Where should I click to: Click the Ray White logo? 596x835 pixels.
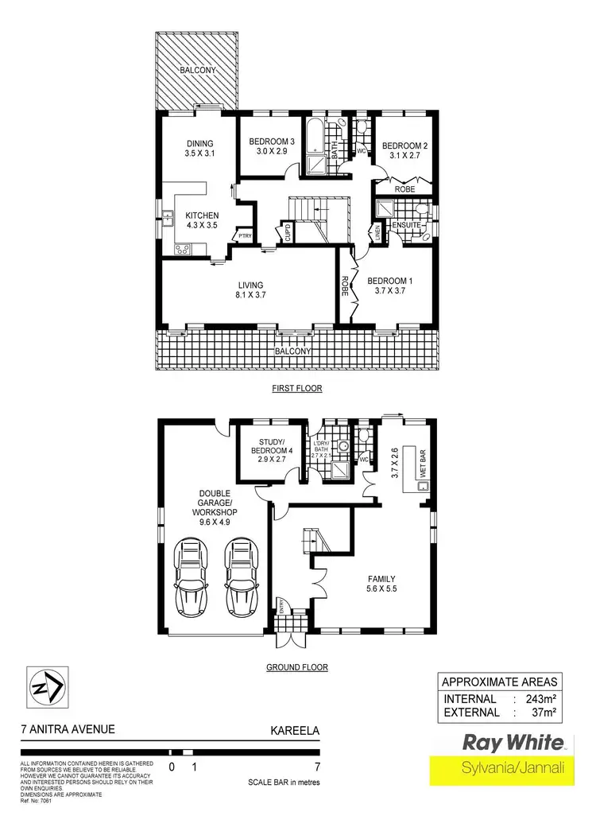tap(513, 744)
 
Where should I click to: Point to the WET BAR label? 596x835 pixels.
tap(424, 460)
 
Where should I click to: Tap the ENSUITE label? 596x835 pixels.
tap(408, 225)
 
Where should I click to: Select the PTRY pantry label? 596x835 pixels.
tap(242, 235)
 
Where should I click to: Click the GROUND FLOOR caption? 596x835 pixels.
tap(298, 667)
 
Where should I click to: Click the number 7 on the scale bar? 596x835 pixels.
tap(317, 767)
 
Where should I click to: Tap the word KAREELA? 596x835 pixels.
tap(295, 728)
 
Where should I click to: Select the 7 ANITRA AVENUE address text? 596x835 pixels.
tap(68, 728)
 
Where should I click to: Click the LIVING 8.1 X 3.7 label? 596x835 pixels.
tap(250, 290)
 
